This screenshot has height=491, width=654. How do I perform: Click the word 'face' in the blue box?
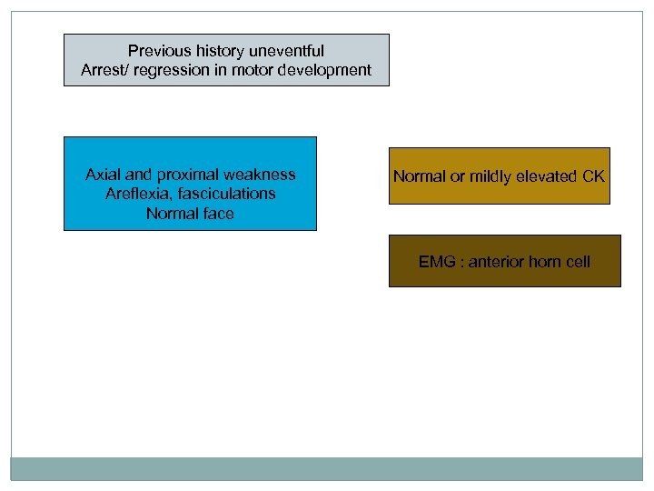[x=218, y=214]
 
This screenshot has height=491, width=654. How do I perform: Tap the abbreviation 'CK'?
[x=593, y=176]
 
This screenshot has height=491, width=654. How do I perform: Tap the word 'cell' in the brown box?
[x=578, y=262]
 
